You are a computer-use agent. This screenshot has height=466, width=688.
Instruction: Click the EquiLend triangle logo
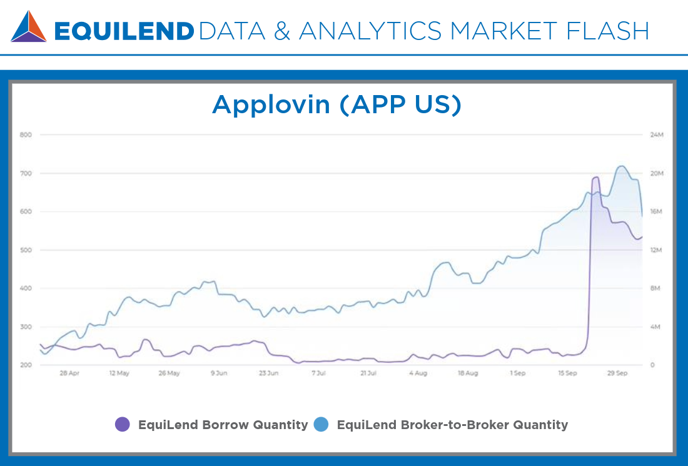tap(29, 27)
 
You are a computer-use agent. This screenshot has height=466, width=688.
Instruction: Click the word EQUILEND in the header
tap(124, 31)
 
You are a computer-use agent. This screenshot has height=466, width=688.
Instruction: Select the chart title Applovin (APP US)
tap(336, 104)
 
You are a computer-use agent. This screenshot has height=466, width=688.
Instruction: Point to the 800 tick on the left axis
tap(26, 134)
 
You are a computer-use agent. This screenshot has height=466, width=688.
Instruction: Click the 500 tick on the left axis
tap(26, 250)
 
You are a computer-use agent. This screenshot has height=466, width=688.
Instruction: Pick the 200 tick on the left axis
tap(26, 365)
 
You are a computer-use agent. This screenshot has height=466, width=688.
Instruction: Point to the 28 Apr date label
tap(69, 373)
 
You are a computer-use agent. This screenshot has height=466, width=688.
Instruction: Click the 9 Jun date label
tap(218, 373)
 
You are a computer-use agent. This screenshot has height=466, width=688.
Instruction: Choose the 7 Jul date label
tap(318, 373)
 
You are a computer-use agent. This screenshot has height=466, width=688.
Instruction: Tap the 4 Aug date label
tap(418, 373)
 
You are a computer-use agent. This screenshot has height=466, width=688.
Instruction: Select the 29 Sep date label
tap(617, 373)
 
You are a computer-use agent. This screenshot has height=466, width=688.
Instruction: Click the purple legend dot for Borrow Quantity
tap(123, 425)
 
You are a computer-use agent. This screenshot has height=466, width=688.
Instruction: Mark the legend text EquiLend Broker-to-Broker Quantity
tap(452, 425)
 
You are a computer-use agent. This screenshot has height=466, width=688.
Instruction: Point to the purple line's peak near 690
tap(595, 177)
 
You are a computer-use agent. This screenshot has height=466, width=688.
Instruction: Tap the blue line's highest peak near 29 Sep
tap(621, 166)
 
